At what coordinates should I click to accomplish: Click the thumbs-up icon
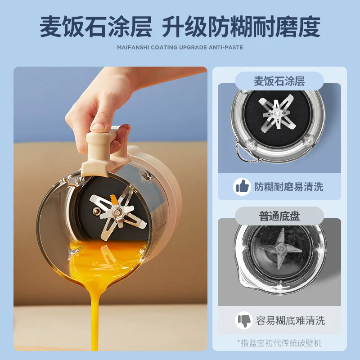click(242, 187)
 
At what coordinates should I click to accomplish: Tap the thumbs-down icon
click(244, 320)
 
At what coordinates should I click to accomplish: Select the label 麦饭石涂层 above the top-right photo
click(279, 81)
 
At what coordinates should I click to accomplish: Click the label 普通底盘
click(279, 216)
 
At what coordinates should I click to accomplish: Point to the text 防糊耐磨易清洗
click(288, 187)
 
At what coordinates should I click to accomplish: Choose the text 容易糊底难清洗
click(290, 320)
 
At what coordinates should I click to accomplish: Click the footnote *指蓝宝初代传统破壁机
click(279, 343)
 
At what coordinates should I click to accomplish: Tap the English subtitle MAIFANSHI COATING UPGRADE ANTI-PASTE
click(180, 48)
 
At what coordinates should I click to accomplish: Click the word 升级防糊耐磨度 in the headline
click(241, 27)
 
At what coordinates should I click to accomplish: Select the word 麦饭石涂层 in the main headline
click(95, 27)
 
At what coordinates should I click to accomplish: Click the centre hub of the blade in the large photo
click(117, 211)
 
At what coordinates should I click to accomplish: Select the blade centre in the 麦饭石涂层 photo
click(277, 113)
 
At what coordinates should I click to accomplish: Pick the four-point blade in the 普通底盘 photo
click(280, 249)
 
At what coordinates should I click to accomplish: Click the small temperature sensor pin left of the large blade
click(96, 210)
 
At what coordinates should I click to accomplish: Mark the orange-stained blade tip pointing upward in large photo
click(114, 199)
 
